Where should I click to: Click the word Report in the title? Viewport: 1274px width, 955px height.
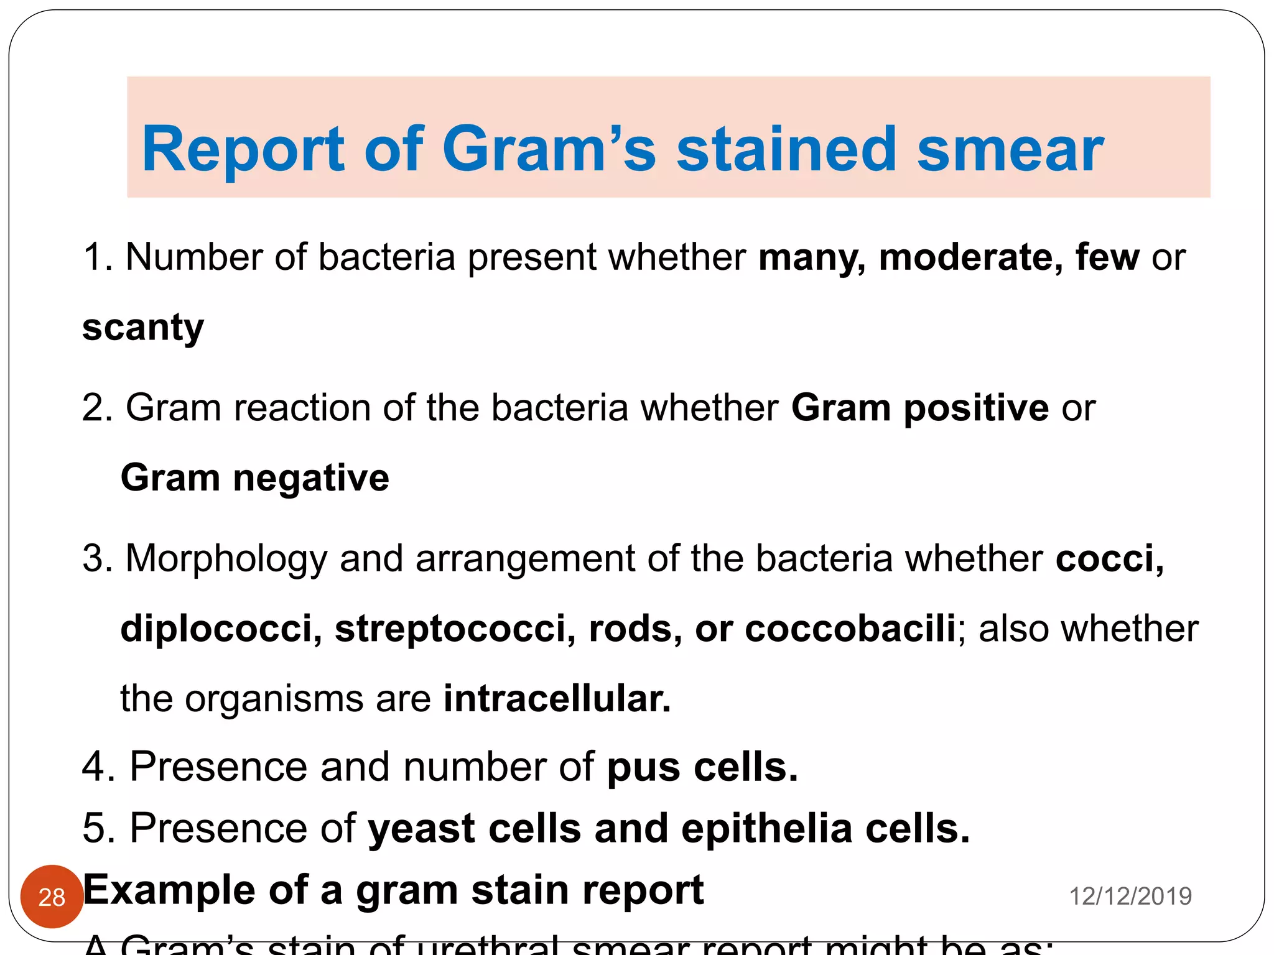[x=243, y=149]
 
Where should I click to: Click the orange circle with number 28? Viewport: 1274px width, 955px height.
[x=52, y=897]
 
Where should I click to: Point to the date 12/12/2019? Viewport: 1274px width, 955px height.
[x=1130, y=897]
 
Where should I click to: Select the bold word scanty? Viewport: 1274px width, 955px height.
[x=143, y=328]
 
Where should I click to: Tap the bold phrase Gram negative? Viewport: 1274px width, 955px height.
[x=255, y=477]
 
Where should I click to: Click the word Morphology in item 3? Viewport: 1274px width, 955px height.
[x=226, y=558]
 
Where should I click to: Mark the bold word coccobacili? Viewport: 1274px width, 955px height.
[x=850, y=628]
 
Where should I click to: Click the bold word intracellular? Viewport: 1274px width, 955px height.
[x=557, y=698]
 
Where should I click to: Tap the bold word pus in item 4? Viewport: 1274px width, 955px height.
[x=643, y=768]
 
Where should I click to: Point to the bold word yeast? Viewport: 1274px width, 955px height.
[x=421, y=829]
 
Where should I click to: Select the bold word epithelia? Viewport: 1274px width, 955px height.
[x=766, y=829]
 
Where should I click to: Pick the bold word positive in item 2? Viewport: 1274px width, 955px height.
[x=976, y=408]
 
